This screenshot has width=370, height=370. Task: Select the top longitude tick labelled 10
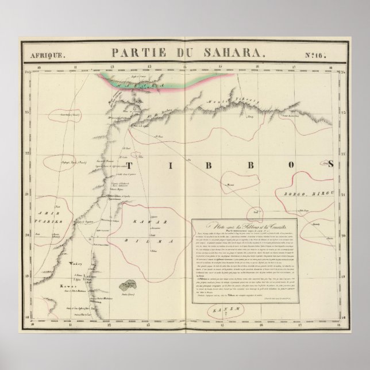pyautogui.click(x=38, y=68)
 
